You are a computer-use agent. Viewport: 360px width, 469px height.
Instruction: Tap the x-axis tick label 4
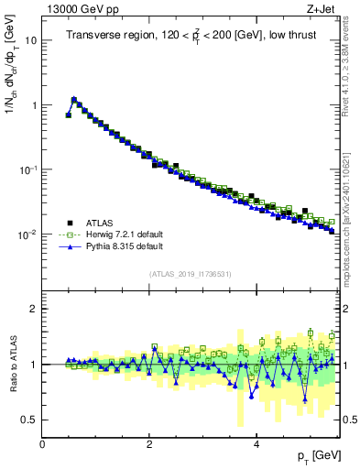[x=256, y=445]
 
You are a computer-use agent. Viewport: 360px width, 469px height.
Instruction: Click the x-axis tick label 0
[x=43, y=445]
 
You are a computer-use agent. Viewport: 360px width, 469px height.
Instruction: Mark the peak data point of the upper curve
[x=73, y=99]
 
